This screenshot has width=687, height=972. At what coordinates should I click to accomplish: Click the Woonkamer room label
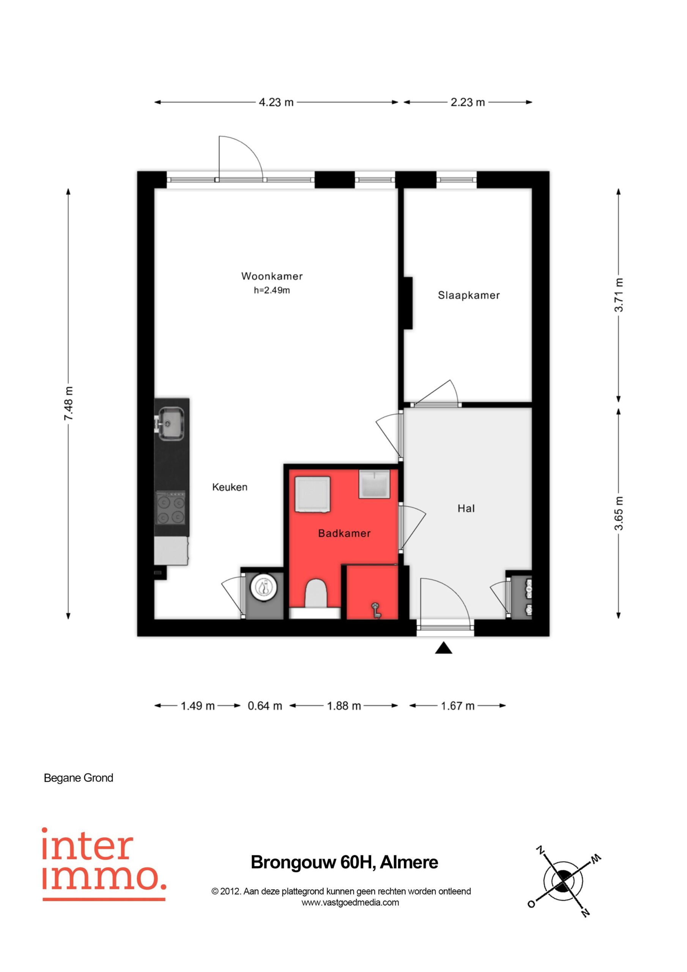pos(272,276)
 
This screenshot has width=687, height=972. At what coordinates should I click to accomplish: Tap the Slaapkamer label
pos(469,295)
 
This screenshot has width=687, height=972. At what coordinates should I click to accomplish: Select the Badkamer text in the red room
pos(344,533)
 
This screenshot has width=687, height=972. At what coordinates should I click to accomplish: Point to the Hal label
pos(466,508)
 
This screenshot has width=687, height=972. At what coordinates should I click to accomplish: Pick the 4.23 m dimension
pos(276,103)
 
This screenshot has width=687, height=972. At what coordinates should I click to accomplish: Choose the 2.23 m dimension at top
pos(467,103)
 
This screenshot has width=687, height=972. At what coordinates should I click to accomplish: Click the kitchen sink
pos(169,423)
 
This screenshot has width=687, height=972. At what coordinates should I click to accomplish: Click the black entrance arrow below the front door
pos(444,647)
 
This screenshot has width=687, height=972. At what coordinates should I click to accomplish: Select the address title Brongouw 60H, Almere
pos(344,862)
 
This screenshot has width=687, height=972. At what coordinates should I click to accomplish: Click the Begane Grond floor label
pos(79,778)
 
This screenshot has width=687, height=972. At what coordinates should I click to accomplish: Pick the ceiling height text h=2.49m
pos(272,290)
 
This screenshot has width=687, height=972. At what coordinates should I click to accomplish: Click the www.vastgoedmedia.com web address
pos(350,902)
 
